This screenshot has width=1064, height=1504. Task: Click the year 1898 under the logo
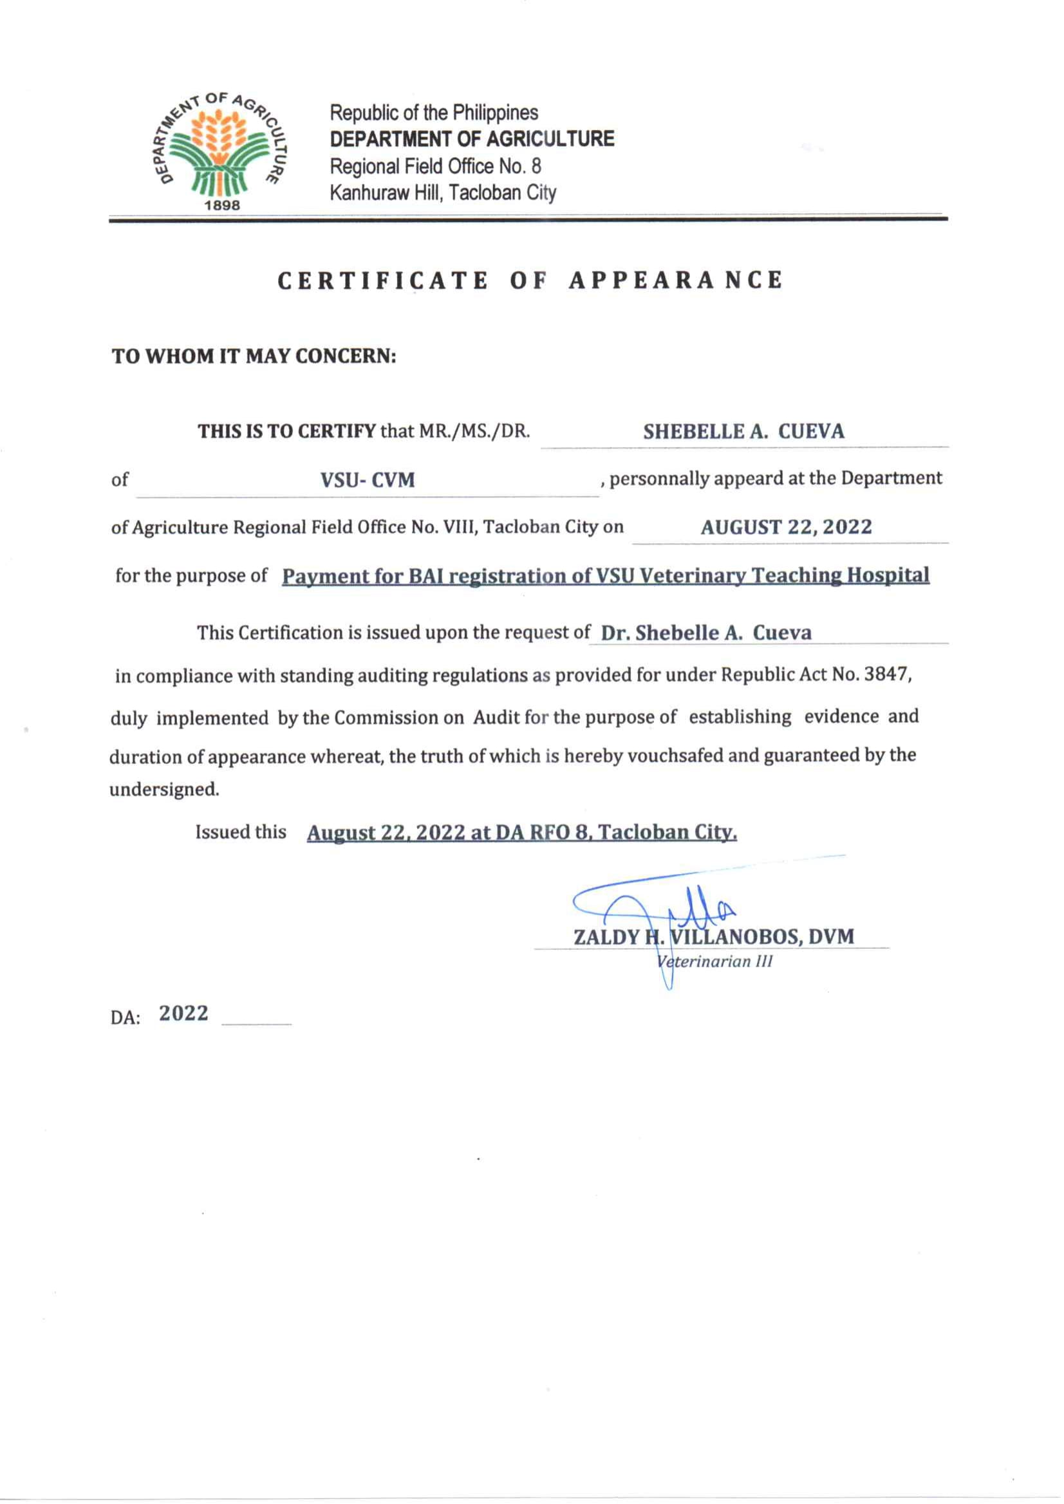pos(223,205)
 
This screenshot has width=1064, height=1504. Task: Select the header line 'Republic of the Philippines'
pos(434,113)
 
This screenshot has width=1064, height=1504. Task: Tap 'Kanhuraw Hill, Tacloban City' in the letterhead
pos(443,193)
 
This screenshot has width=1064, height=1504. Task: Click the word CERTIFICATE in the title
pos(382,281)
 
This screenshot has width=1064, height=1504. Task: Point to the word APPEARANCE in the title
pos(675,281)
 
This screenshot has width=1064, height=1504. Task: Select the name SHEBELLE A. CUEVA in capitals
pos(743,432)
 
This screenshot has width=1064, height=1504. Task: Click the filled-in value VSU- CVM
pos(368,480)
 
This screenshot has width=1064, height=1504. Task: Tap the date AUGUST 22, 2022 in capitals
pos(786,527)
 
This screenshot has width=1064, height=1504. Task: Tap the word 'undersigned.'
pos(163,790)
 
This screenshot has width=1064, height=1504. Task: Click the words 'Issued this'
pos(241,832)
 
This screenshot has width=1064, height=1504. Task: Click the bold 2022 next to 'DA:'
pos(183,1014)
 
